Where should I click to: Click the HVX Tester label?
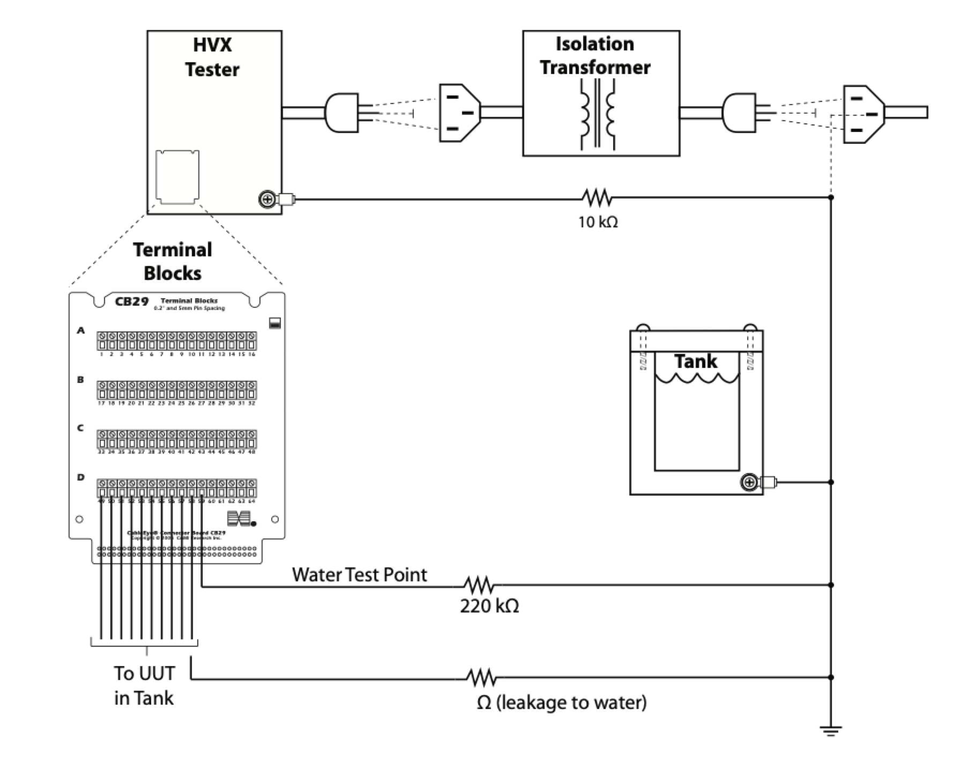click(212, 57)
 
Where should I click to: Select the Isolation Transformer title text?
click(595, 55)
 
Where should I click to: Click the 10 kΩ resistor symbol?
click(596, 197)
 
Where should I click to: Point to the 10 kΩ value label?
click(598, 222)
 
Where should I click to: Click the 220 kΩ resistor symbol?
click(478, 585)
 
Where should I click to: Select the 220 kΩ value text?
click(489, 607)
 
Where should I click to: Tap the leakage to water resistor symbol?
click(481, 677)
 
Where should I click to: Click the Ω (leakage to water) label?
click(561, 703)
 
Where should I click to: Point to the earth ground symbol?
click(830, 731)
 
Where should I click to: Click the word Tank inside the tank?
click(695, 361)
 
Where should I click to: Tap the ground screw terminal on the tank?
click(749, 483)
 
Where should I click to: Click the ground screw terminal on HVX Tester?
click(267, 201)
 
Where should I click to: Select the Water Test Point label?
click(360, 575)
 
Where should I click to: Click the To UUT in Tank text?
click(144, 685)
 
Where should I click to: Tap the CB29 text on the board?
click(132, 301)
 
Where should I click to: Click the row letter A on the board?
click(81, 331)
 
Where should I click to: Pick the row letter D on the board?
click(81, 477)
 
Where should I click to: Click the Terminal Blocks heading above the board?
click(173, 261)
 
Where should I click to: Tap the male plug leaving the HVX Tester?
click(341, 113)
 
